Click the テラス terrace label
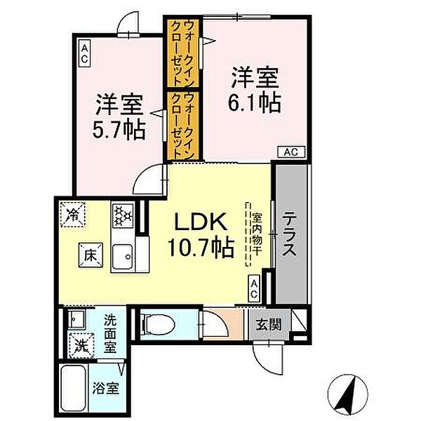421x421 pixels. (289, 235)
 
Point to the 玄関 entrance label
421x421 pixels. (267, 324)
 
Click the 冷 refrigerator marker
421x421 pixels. (73, 213)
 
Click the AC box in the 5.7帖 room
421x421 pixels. (84, 53)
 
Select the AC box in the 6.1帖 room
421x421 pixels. (293, 151)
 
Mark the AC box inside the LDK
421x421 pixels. (254, 288)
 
